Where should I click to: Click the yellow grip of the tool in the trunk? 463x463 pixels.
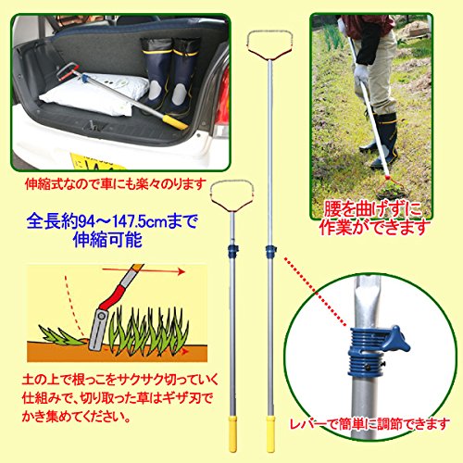click(x=175, y=122)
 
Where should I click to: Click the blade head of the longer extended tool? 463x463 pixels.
click(x=269, y=45)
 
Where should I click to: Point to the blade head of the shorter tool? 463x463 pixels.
click(x=232, y=196)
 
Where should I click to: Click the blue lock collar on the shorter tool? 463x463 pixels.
click(x=232, y=251)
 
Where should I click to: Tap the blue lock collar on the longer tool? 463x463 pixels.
click(x=270, y=251)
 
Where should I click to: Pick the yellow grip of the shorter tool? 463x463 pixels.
click(x=232, y=433)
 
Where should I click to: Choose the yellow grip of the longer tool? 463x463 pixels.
click(x=270, y=433)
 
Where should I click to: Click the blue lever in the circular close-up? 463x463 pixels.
click(x=396, y=338)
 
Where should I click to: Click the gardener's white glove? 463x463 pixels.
click(x=361, y=75)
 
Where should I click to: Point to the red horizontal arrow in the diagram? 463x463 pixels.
click(x=144, y=271)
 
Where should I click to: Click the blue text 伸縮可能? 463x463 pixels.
click(x=108, y=240)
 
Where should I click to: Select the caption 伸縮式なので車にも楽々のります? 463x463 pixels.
click(x=116, y=184)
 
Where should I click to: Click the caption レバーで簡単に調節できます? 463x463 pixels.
click(x=369, y=424)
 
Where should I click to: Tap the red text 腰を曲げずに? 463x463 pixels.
click(x=372, y=210)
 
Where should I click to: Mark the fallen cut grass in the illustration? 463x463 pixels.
click(x=62, y=335)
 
